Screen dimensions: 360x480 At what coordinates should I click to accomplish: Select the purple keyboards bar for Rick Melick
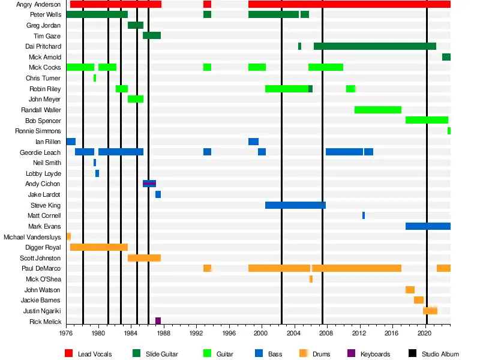point(158,321)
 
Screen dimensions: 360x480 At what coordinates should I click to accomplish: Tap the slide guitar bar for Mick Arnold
point(446,57)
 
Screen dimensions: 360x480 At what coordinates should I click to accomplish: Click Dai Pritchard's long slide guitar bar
point(374,46)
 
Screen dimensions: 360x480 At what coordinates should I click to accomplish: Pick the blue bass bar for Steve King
point(295,205)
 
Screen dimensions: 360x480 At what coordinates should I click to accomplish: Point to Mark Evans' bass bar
point(428,226)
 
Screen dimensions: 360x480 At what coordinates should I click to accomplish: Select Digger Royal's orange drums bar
point(99,247)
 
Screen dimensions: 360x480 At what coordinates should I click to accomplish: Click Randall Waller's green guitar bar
point(377,110)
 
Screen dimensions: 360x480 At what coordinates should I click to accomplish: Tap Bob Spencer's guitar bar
point(427,120)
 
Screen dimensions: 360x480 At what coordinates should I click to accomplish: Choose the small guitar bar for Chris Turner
point(95,78)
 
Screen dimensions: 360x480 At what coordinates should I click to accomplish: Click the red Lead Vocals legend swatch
point(68,354)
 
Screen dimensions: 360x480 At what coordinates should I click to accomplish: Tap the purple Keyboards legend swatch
point(351,354)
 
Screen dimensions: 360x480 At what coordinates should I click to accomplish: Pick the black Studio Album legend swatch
point(412,354)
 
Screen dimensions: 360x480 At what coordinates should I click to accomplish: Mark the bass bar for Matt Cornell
point(364,215)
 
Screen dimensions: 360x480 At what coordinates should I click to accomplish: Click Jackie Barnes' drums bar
point(418,300)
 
